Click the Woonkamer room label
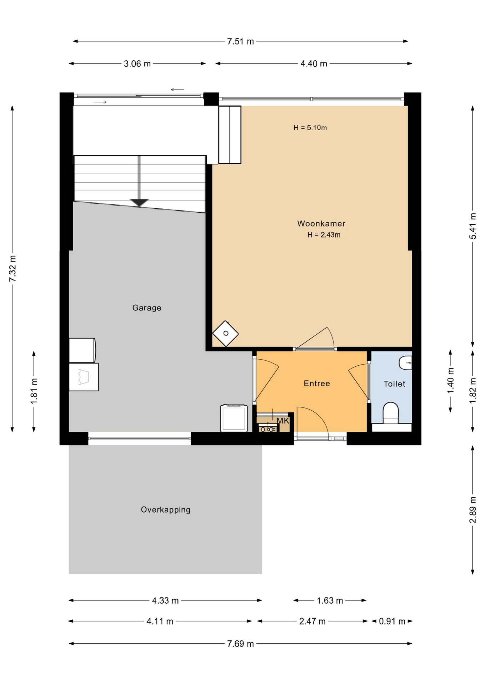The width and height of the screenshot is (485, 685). [321, 224]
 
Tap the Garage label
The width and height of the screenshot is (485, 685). [147, 308]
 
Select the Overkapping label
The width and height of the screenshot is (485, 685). [165, 510]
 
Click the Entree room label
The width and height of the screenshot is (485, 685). [317, 384]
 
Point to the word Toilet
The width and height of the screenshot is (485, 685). [394, 384]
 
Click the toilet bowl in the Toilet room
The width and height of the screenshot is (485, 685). [390, 413]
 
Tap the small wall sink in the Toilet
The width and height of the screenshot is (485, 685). [405, 363]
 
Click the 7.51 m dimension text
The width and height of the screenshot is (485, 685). [240, 41]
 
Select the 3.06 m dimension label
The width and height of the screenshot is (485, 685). [137, 64]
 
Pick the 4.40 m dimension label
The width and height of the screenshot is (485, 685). [314, 64]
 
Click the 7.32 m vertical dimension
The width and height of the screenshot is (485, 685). [12, 268]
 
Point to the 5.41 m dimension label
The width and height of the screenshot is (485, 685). [473, 226]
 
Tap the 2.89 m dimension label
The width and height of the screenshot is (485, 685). [473, 510]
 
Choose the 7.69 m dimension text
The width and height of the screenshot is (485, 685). [240, 644]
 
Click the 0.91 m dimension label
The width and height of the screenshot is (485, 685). [392, 621]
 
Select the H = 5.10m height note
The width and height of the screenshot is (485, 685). [310, 128]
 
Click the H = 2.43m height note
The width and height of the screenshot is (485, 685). [324, 235]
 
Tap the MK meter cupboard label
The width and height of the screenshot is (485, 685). [283, 421]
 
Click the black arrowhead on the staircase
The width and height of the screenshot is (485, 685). [139, 203]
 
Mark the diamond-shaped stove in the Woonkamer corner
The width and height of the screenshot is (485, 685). [226, 334]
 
